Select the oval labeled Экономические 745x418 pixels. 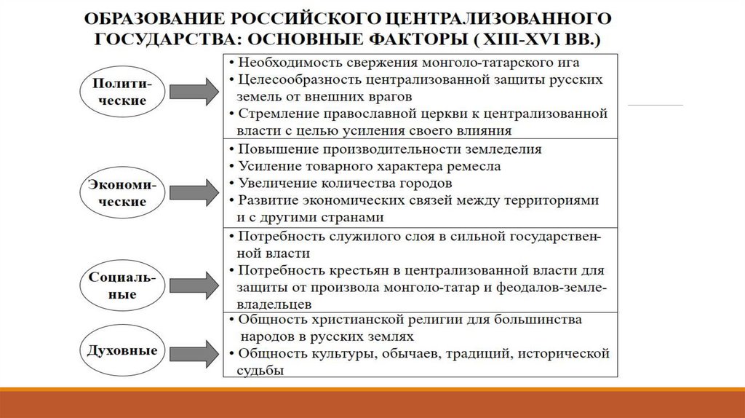tap(121, 192)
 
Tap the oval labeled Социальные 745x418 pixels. tap(121, 286)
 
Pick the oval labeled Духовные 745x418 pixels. tap(121, 351)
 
